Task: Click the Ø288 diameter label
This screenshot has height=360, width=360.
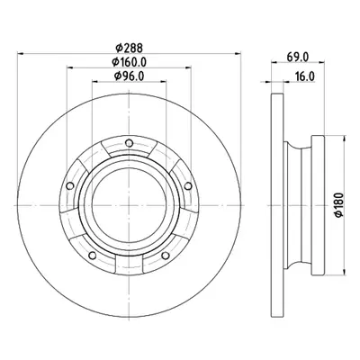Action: click(129, 48)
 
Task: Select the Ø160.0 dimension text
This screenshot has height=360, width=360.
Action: click(129, 62)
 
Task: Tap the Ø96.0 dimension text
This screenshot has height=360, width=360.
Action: click(129, 76)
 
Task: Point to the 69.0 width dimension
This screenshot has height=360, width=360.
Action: click(297, 57)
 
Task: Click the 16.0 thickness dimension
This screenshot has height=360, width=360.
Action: click(304, 76)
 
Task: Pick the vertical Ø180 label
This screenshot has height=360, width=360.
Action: click(338, 205)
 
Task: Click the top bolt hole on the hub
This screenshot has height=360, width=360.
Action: click(129, 143)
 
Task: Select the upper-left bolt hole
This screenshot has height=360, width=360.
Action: click(70, 186)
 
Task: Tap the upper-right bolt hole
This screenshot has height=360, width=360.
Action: click(188, 186)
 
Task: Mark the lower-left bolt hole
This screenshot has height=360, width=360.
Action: click(93, 256)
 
